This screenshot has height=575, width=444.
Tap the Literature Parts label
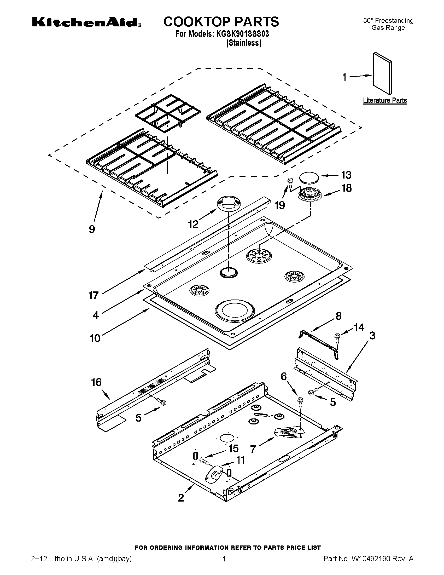[x=385, y=100]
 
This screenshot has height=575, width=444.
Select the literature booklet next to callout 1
[x=382, y=73]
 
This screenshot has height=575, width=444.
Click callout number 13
[x=346, y=175]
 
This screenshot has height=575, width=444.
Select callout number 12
[x=193, y=224]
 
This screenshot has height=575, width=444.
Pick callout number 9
[x=92, y=229]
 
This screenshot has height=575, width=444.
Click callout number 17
[x=94, y=295]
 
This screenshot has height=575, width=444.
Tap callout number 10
[x=95, y=338]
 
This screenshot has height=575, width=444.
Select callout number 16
[x=96, y=382]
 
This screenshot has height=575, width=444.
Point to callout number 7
[x=253, y=449]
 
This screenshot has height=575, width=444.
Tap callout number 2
[x=181, y=498]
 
